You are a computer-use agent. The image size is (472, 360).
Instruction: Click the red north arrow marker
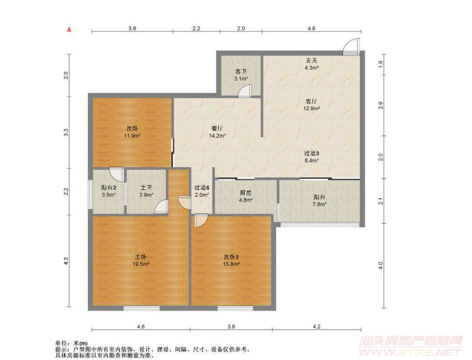coord(69,29)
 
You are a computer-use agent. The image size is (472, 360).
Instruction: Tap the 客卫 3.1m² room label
coord(241,75)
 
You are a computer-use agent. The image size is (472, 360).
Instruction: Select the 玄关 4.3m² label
coord(311,64)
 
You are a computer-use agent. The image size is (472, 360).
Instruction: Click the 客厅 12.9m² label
coord(311,105)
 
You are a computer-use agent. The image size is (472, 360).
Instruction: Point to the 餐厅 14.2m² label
coord(218,132)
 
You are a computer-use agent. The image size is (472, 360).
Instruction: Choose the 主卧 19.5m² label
coord(141,261)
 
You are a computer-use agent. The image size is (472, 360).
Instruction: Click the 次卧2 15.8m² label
coord(231,261)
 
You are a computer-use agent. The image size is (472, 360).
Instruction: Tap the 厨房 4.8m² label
coord(246,196)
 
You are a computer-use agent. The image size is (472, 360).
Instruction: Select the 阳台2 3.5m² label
coord(109,191)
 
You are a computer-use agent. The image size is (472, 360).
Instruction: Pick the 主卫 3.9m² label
coord(146,191)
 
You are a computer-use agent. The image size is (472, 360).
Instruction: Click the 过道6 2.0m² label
coord(202,191)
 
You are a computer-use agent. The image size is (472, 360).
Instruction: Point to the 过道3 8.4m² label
coord(311,157)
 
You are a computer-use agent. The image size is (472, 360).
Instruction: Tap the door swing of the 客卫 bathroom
coord(245,91)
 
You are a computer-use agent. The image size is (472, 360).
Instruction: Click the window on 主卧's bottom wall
coord(141,308)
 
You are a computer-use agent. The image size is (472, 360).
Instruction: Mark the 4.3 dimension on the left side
coord(66,261)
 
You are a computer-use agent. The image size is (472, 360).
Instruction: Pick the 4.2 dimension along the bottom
coord(317,326)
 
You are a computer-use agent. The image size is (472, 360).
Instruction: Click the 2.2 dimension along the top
coord(196,28)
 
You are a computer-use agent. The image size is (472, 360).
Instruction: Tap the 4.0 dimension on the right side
coord(381,266)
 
